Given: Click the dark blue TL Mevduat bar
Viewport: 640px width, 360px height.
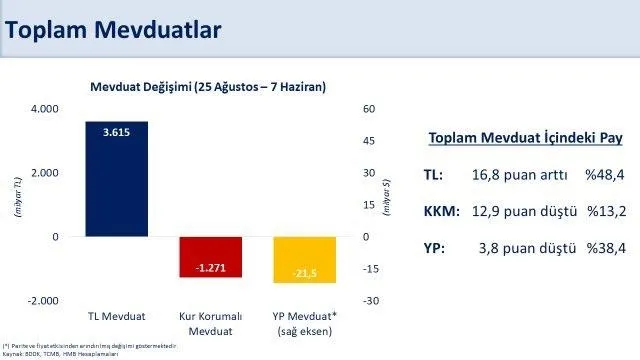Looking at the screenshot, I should (x=117, y=180).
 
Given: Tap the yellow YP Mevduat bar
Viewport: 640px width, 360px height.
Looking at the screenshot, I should (x=305, y=259).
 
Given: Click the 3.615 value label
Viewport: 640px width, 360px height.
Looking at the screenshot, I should (x=117, y=131).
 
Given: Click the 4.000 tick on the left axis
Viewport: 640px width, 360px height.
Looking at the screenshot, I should (x=43, y=108).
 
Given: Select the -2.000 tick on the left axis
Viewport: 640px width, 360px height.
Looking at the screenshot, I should (x=42, y=301).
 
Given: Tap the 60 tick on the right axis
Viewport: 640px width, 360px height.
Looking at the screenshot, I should (x=368, y=108).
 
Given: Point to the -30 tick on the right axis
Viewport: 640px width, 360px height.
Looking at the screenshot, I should (x=369, y=301).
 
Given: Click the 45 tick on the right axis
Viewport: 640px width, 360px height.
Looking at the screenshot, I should (x=368, y=140).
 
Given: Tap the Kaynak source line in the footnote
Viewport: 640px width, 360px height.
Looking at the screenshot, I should (x=60, y=353).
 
